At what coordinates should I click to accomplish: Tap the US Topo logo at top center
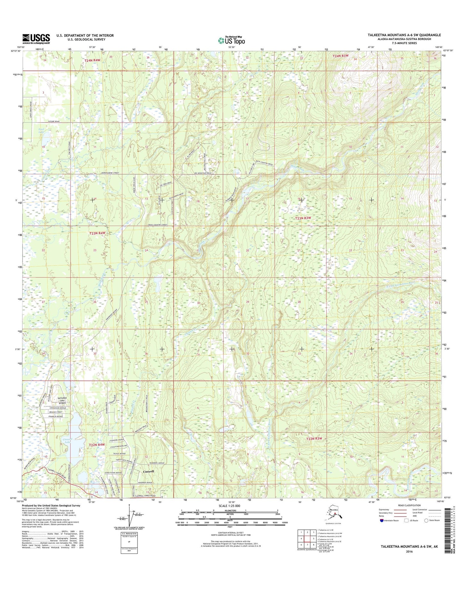231,40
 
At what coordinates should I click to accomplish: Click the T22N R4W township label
96,445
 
